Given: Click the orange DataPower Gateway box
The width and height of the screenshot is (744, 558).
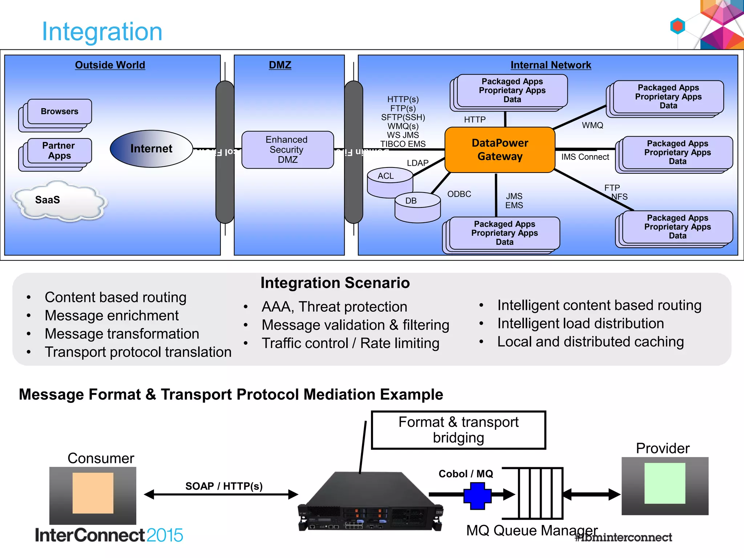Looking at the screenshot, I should pyautogui.click(x=500, y=150).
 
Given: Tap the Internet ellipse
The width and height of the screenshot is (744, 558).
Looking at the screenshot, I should pyautogui.click(x=151, y=149).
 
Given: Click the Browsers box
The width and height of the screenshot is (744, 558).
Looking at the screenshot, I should pyautogui.click(x=60, y=112).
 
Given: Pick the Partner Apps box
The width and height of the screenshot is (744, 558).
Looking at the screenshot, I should pyautogui.click(x=59, y=151).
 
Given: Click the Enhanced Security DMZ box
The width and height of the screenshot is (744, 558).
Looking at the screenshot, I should pyautogui.click(x=287, y=150).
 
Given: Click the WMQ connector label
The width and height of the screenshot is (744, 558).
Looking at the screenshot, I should pyautogui.click(x=592, y=125).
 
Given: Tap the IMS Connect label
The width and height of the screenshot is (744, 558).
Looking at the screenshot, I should pyautogui.click(x=585, y=157).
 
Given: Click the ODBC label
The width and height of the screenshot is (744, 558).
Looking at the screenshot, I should pyautogui.click(x=459, y=194).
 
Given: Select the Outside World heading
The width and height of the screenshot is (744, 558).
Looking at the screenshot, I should pyautogui.click(x=110, y=65).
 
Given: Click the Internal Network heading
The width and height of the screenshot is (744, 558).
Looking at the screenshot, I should pyautogui.click(x=550, y=65).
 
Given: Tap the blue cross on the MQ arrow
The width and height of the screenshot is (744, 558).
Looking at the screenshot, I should pyautogui.click(x=477, y=496).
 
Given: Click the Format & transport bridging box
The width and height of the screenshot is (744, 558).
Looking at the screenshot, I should pyautogui.click(x=458, y=430).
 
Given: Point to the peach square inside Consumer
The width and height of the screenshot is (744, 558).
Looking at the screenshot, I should pyautogui.click(x=93, y=493).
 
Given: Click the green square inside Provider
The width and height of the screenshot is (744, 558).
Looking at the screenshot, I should pyautogui.click(x=664, y=483).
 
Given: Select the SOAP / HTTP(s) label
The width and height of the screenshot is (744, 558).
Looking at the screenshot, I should pyautogui.click(x=224, y=486).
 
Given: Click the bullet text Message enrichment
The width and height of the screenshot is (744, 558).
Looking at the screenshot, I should pyautogui.click(x=112, y=315).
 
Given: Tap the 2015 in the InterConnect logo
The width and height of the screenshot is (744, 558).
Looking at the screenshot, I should pyautogui.click(x=165, y=535).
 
